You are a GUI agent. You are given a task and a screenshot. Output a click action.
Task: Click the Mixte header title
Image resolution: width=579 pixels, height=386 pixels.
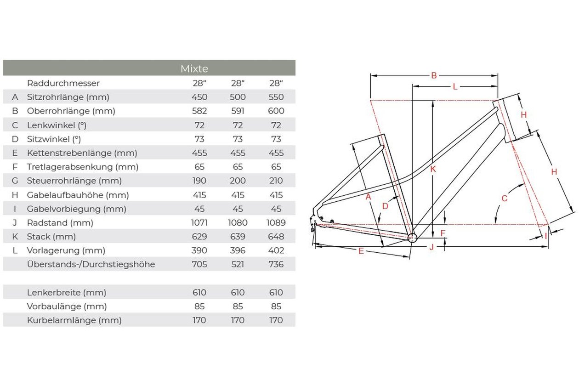(x=194, y=69)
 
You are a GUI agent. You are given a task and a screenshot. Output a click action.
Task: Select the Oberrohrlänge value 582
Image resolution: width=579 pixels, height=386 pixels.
(x=199, y=111)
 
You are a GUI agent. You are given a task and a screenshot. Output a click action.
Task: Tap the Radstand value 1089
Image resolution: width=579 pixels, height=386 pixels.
(x=276, y=222)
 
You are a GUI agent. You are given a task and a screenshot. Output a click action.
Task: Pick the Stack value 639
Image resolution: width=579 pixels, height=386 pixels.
(x=238, y=237)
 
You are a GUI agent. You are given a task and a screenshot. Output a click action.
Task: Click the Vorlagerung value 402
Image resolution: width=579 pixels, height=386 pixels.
(x=276, y=250)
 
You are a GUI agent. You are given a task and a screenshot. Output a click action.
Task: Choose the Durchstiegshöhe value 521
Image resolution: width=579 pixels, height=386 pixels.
(x=238, y=264)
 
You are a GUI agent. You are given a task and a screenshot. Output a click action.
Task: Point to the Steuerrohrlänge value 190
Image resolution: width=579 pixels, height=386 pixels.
(x=199, y=181)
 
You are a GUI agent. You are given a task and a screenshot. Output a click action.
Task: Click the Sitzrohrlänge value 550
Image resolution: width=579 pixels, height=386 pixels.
(x=276, y=97)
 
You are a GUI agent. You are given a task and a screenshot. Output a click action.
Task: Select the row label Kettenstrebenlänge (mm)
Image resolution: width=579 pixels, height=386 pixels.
(x=82, y=153)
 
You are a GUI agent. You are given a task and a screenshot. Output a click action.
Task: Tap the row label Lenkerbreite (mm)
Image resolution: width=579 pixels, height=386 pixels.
(x=67, y=293)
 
